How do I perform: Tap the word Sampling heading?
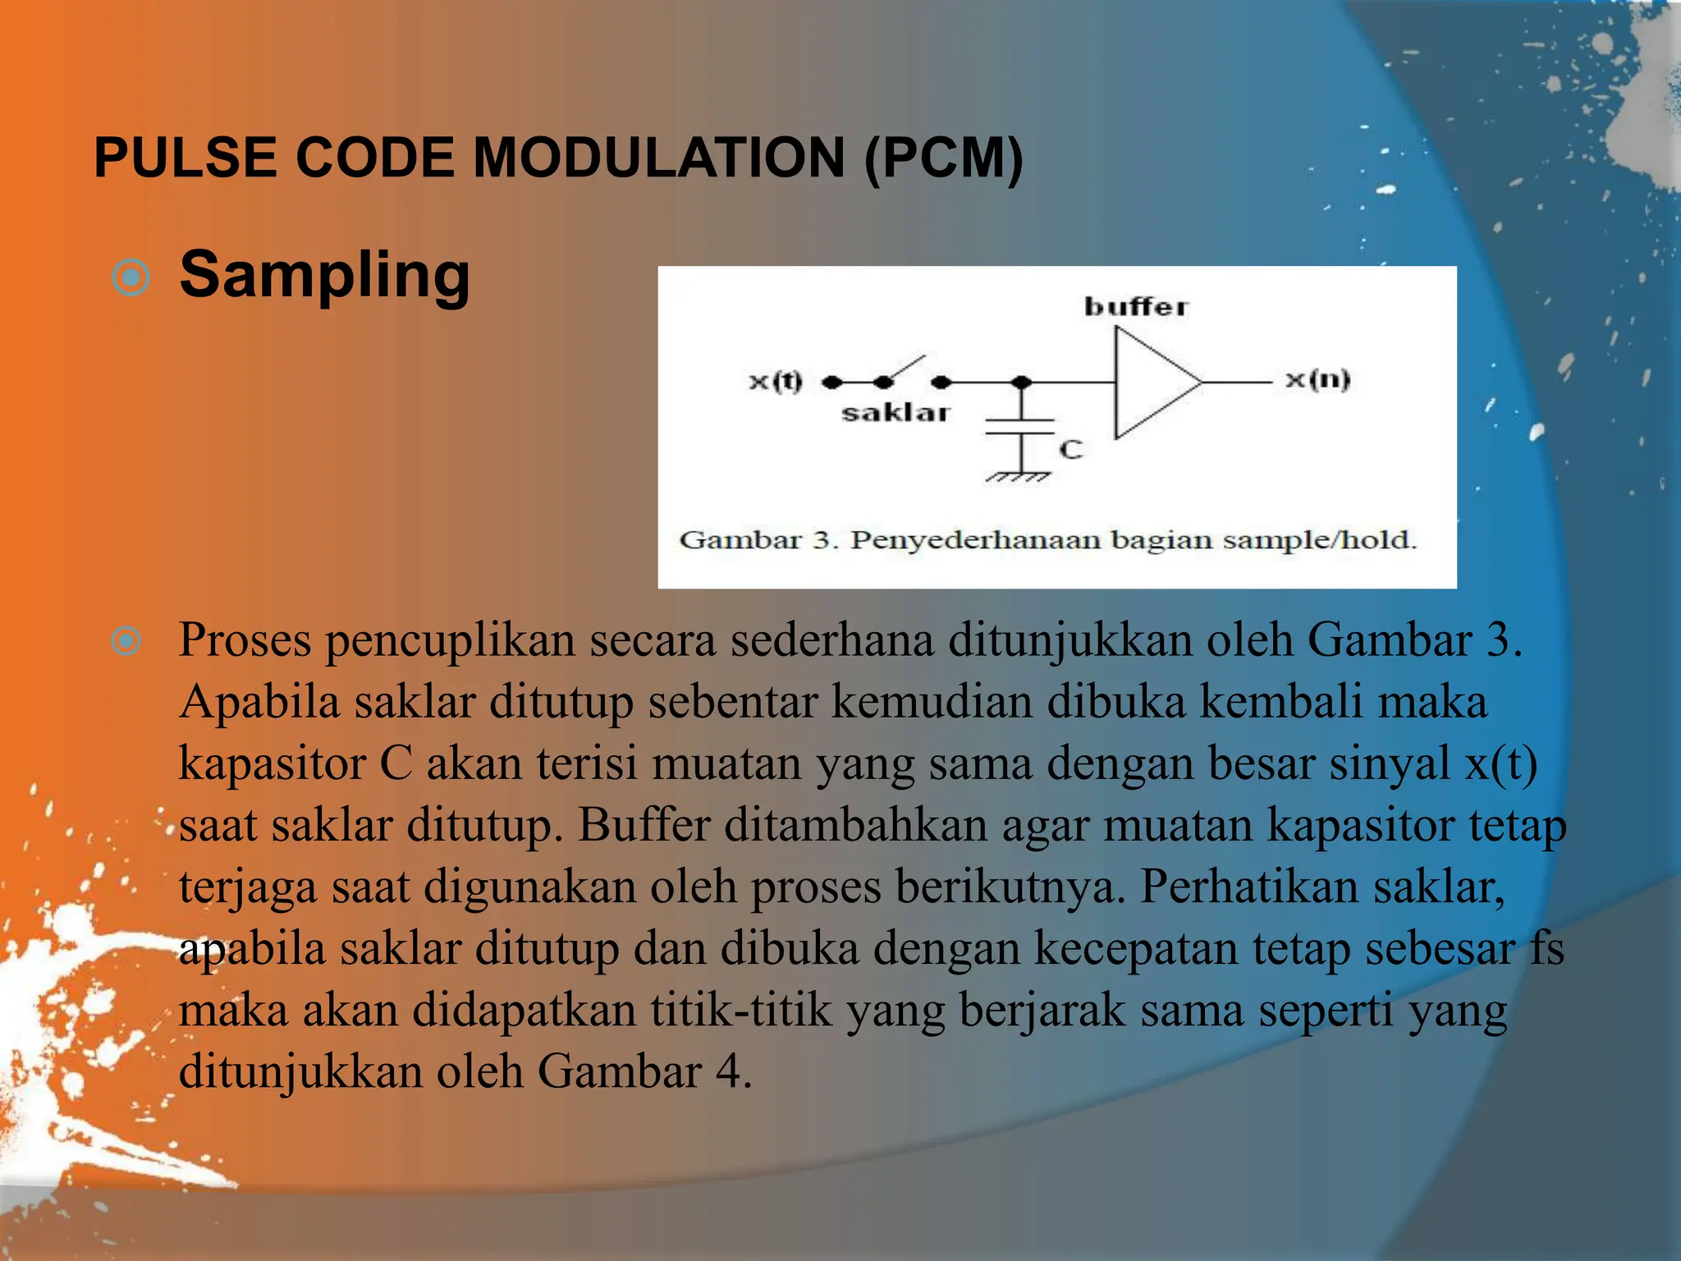pos(324,276)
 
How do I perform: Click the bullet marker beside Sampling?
pos(131,278)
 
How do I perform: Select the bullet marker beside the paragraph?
pos(126,640)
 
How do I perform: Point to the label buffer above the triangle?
pos(1136,307)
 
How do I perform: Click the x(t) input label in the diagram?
pos(775,381)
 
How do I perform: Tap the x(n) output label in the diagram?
pos(1317,379)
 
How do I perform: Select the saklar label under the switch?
pos(895,413)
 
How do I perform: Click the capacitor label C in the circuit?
pos(1071,450)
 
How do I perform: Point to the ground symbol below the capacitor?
pos(1019,476)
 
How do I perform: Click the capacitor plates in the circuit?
pos(1019,426)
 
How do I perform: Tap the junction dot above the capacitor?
pos(1021,383)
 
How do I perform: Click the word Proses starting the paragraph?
pos(245,640)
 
